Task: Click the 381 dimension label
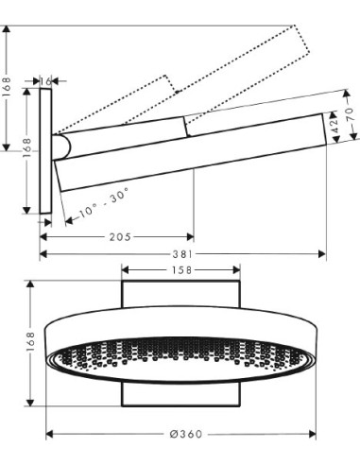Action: [x=182, y=253]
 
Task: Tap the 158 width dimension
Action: [x=182, y=270]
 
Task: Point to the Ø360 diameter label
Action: [x=182, y=434]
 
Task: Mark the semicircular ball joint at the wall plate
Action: [x=62, y=146]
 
